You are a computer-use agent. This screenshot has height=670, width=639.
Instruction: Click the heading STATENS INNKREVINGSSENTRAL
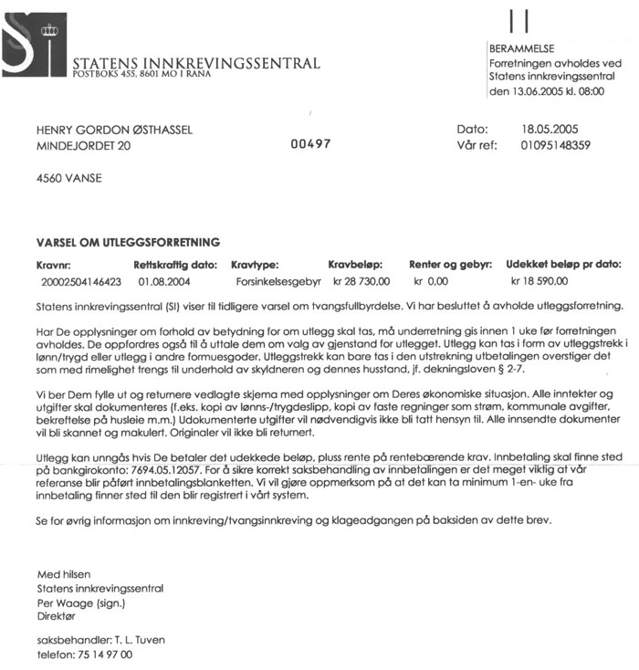(x=195, y=63)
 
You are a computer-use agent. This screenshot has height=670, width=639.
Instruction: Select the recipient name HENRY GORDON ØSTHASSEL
(x=114, y=130)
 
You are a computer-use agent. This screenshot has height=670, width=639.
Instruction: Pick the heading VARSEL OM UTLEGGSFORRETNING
(x=128, y=243)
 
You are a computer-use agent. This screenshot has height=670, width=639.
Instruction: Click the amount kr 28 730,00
(x=361, y=281)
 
